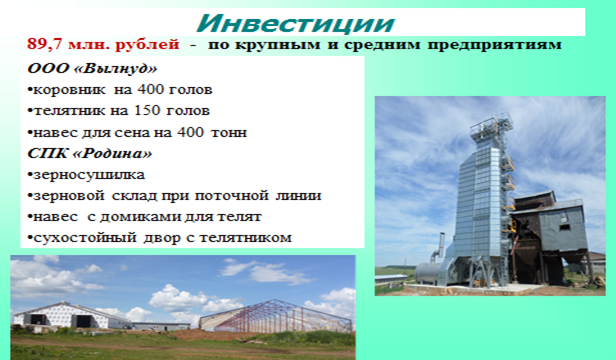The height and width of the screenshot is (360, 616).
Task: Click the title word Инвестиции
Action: [x=295, y=24]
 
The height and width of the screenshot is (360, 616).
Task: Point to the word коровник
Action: [x=69, y=90]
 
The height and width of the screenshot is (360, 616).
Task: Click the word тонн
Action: [x=229, y=132]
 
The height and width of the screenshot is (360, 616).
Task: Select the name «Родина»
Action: [x=113, y=153]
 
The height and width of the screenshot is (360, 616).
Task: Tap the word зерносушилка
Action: [x=89, y=175]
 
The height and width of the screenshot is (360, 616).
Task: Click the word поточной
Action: [x=231, y=196]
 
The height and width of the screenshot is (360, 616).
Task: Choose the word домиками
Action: [x=139, y=217]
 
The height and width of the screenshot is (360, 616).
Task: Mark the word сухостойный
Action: [x=85, y=238]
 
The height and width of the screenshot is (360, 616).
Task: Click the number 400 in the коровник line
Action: [x=150, y=90]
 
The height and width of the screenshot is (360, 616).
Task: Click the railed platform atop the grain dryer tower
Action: [x=491, y=124]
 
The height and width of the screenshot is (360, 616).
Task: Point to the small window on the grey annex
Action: [x=565, y=227]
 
